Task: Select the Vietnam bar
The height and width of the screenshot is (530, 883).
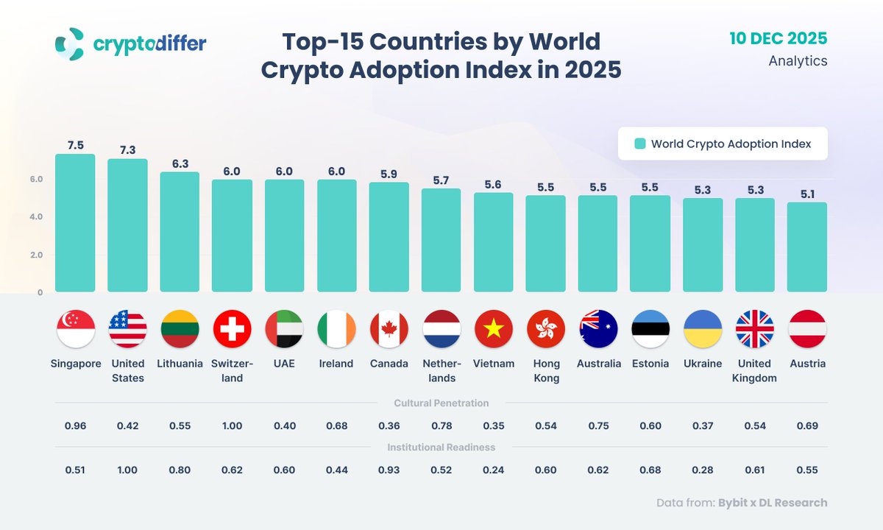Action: pos(494,242)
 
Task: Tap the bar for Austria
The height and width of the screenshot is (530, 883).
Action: pos(807,247)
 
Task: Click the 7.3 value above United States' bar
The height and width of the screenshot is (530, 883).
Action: pos(127,150)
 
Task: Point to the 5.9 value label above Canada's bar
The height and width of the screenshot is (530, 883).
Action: pos(389,174)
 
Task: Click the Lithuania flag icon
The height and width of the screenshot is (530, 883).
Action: pos(180,329)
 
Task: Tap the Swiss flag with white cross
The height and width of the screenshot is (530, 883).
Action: pos(232,329)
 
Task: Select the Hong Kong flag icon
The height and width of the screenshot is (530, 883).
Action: pos(546,329)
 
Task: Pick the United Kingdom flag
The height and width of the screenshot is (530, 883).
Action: pos(755,329)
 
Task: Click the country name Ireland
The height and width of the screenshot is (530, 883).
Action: pos(336,364)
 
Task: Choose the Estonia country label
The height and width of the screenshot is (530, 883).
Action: pos(650,364)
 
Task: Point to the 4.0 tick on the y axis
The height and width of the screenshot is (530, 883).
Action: pos(37,217)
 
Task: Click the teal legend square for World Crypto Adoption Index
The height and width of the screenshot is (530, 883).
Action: pos(640,144)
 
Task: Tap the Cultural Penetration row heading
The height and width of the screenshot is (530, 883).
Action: pos(441,403)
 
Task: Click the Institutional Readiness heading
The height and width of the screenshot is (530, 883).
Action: pos(441,447)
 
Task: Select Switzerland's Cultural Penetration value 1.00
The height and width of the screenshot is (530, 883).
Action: pos(232,425)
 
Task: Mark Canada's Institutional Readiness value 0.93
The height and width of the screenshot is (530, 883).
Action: pos(389,470)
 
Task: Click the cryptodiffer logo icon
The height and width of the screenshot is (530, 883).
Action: pos(71,44)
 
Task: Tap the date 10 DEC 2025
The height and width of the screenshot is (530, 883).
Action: pos(779,38)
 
